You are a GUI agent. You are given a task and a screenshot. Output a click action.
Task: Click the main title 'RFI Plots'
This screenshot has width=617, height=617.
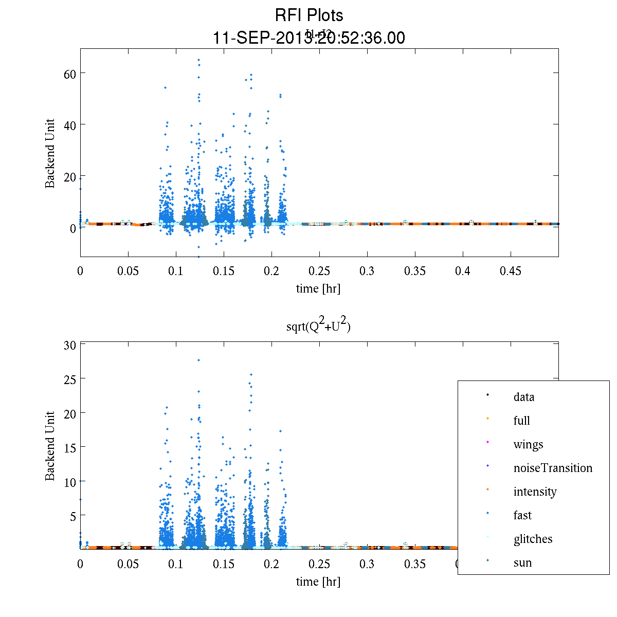point(308,15)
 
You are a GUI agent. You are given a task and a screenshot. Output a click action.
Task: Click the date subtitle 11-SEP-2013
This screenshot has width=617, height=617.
point(308,38)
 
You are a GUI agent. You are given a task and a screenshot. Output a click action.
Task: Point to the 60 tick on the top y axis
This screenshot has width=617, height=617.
point(70,74)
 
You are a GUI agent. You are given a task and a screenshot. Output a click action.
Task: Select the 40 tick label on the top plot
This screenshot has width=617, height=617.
point(70,125)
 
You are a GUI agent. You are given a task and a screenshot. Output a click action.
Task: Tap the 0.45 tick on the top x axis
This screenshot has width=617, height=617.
point(511,271)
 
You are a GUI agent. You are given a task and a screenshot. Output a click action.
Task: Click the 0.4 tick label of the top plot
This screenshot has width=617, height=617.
point(463,271)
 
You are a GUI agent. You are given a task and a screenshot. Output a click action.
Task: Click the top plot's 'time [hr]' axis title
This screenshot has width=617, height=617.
point(318,288)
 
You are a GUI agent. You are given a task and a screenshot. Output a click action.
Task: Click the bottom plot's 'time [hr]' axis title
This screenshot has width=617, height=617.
point(318,582)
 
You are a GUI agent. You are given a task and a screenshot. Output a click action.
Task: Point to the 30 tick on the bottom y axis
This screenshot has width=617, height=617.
point(70,345)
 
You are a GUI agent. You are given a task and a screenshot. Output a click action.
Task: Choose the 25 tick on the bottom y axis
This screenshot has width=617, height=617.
point(70,379)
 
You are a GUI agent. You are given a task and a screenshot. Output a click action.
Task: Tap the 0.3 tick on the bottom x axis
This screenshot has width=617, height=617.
point(367,564)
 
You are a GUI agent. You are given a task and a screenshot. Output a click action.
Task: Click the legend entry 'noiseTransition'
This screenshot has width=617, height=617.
point(553,468)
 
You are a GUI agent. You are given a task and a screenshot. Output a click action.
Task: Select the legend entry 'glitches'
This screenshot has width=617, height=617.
point(533,539)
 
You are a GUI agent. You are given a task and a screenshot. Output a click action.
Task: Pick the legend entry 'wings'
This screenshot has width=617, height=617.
point(528,444)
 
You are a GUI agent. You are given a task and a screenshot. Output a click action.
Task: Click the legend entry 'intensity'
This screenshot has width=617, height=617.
point(535,492)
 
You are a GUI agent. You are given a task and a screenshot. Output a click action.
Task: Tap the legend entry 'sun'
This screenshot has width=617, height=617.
point(522,562)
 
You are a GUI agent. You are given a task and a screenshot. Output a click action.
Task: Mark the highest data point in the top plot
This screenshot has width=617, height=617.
point(198,60)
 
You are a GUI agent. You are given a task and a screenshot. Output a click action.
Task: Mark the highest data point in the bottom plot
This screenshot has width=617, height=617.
point(198,360)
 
